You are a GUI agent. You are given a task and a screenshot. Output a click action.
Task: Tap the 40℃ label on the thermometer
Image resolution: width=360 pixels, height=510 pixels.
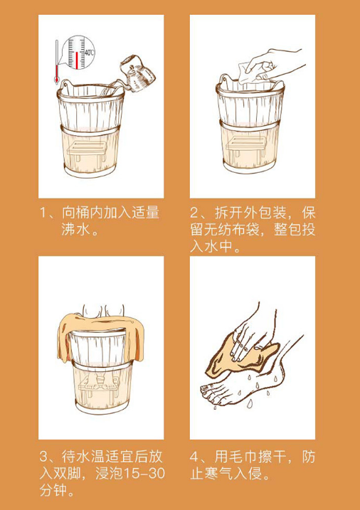point(89,53)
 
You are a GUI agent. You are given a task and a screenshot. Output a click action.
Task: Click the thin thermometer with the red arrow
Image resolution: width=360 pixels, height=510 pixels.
point(57,62)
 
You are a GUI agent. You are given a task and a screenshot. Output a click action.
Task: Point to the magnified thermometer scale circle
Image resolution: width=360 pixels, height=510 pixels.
point(77,52)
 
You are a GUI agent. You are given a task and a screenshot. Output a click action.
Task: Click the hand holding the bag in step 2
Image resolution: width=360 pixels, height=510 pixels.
point(277,65)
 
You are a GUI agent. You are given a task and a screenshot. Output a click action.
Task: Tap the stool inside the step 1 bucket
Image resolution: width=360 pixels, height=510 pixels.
point(87,153)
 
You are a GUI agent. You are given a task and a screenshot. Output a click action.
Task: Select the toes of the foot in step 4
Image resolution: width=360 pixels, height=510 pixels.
point(211,392)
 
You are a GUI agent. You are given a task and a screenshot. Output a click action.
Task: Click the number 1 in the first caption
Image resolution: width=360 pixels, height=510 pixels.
point(43,213)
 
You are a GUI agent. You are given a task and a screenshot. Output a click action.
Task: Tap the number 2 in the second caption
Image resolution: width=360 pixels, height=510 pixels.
point(194,213)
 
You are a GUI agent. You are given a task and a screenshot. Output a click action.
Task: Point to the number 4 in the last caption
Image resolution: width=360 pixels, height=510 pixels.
point(194,457)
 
